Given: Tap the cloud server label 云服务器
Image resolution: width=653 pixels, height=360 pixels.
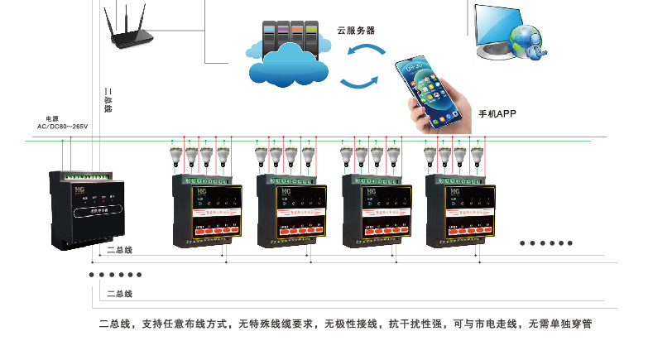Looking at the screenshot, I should click(x=356, y=30).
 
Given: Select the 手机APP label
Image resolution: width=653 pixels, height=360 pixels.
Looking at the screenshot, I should click(x=497, y=113).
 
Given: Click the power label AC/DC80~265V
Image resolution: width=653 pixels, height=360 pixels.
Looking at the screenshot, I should click(x=62, y=127).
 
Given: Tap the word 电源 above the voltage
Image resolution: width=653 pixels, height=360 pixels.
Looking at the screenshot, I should click(x=52, y=118).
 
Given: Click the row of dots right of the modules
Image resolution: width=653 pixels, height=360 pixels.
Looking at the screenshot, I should click(x=545, y=243).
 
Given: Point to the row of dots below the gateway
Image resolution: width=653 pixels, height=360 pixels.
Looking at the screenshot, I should click(x=115, y=275).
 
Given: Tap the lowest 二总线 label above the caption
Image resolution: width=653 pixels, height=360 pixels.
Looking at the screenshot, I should click(x=120, y=294).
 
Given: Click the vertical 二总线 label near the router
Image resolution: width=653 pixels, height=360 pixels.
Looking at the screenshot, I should click(x=108, y=99).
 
